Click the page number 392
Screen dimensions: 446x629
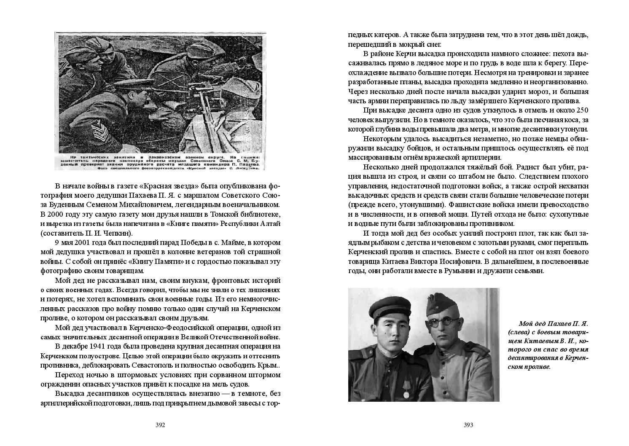tap(160, 425)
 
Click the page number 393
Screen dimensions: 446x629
tap(468, 425)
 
